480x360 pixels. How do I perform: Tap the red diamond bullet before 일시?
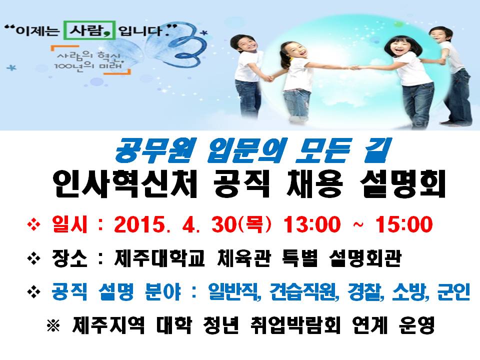point(33,226)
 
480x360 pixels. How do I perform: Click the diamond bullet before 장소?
point(33,260)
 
